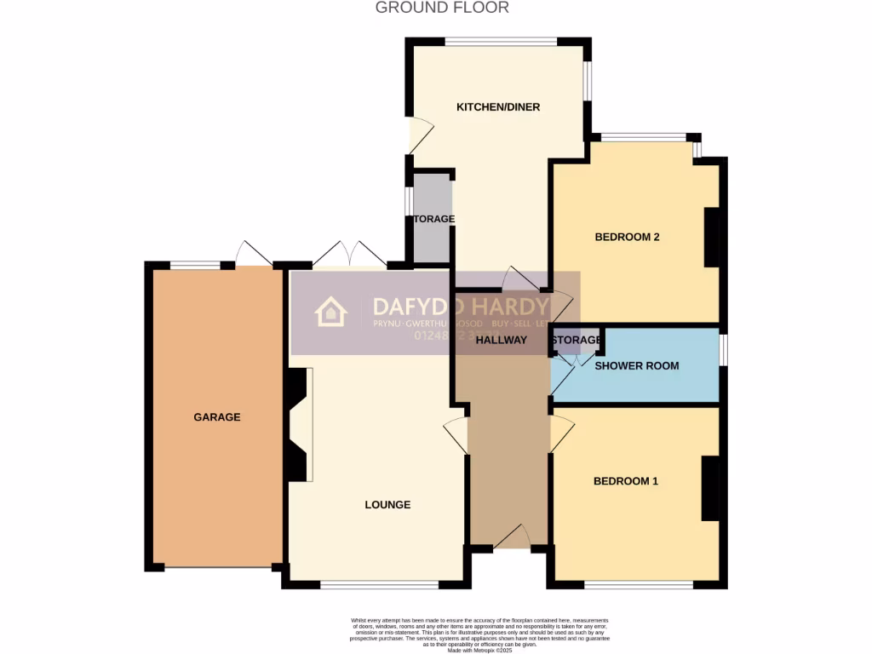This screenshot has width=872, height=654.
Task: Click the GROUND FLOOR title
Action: (442, 8)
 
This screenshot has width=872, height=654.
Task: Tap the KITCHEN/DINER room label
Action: (498, 107)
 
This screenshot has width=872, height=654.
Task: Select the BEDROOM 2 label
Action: (627, 238)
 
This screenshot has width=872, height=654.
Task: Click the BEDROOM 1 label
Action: (625, 481)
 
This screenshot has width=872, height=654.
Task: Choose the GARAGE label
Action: (216, 417)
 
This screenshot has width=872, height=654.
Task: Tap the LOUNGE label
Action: (387, 505)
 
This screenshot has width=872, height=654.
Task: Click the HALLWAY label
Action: (501, 340)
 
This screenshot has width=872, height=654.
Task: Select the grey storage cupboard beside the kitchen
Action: (432, 220)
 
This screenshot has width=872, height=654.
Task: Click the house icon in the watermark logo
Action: (330, 313)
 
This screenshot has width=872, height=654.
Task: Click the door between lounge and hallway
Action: (457, 435)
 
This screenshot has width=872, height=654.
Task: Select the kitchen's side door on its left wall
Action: (421, 134)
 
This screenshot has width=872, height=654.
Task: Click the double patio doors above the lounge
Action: (349, 254)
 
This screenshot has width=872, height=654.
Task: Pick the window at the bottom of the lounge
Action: (379, 585)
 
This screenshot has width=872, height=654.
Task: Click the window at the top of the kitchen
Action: (501, 41)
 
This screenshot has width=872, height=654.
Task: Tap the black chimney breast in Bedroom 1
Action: (709, 489)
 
